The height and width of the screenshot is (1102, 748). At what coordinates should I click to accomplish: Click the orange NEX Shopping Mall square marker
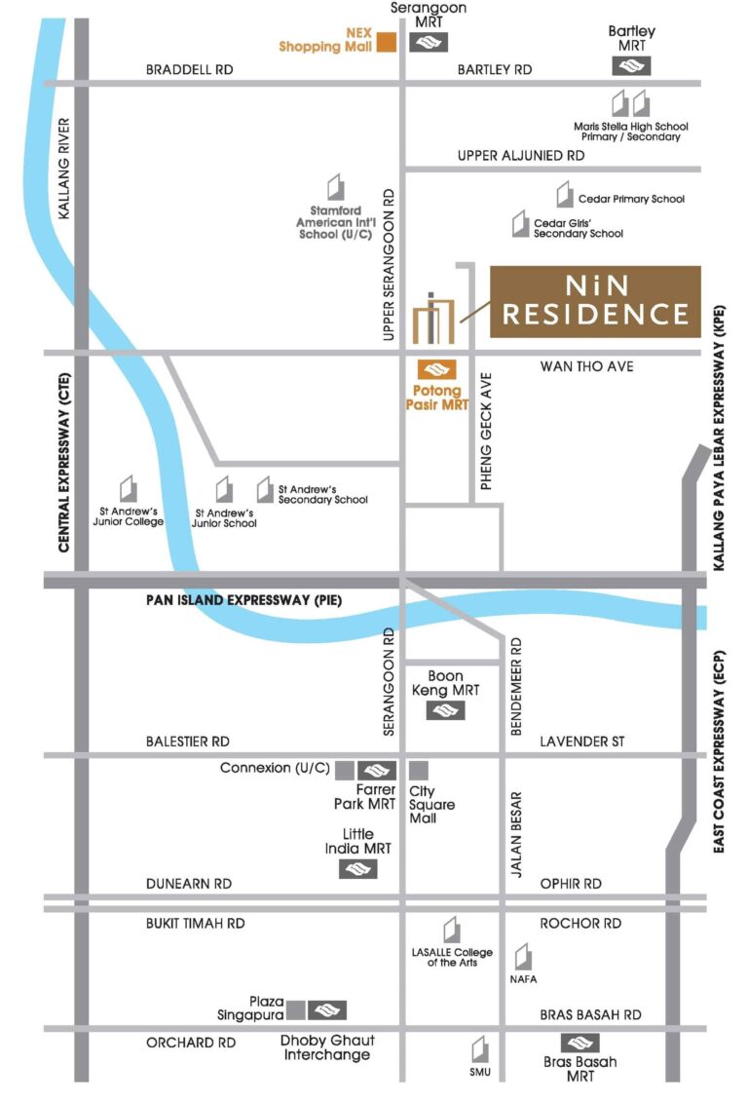(387, 41)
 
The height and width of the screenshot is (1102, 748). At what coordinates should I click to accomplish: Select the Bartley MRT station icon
(631, 65)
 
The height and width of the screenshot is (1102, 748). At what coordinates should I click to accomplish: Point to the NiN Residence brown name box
(594, 301)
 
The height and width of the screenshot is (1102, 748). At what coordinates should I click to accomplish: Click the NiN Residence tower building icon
(433, 318)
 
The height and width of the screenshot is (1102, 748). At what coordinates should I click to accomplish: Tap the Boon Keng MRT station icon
(445, 711)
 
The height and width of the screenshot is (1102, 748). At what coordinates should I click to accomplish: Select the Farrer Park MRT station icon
(376, 770)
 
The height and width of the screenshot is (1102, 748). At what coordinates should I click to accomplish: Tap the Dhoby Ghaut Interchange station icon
(327, 1009)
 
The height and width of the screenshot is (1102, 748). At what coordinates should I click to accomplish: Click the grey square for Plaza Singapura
(297, 1009)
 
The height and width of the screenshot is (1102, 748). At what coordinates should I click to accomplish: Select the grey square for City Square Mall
(419, 770)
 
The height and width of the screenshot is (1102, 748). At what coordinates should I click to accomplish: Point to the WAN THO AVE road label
(586, 366)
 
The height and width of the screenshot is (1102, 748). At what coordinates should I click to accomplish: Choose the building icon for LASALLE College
(451, 930)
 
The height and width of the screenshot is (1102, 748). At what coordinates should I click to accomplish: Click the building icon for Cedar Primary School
(565, 195)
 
